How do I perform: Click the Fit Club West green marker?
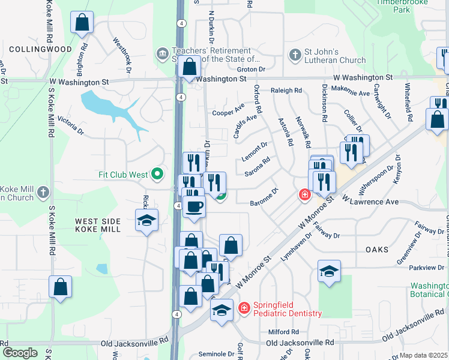[x=157, y=175]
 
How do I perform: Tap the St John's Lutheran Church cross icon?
[x=294, y=56]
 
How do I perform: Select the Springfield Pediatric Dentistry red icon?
[x=244, y=308]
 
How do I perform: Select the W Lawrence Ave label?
[x=370, y=202]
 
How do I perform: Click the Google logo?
[x=20, y=353]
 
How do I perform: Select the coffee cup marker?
[x=193, y=208]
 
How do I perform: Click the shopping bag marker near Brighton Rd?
[x=82, y=23]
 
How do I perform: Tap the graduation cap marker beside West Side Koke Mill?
[x=146, y=221]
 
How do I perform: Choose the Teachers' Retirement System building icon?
[x=162, y=55]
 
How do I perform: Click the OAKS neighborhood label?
[x=376, y=249]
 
